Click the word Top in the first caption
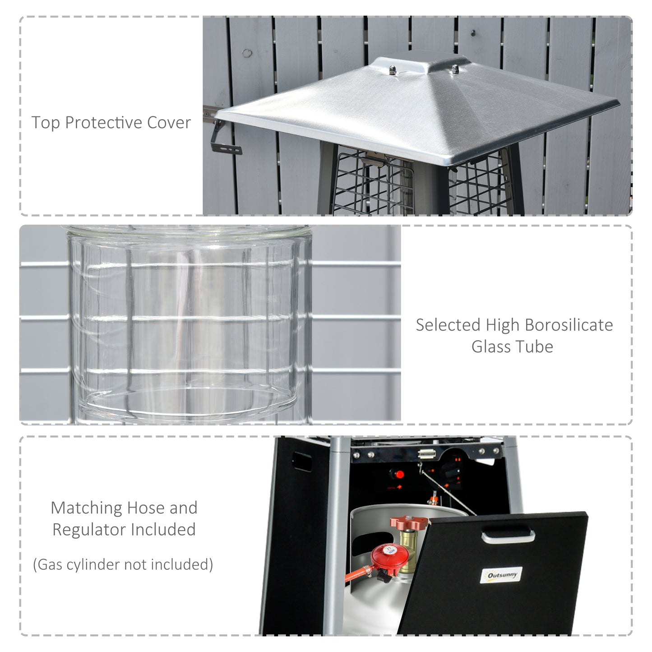(46, 123)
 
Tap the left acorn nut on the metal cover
(393, 70)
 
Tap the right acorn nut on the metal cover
(455, 69)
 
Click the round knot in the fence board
(247, 53)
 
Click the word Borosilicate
(569, 325)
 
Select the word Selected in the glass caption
(448, 325)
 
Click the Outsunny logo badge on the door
(501, 575)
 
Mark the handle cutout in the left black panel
(302, 462)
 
